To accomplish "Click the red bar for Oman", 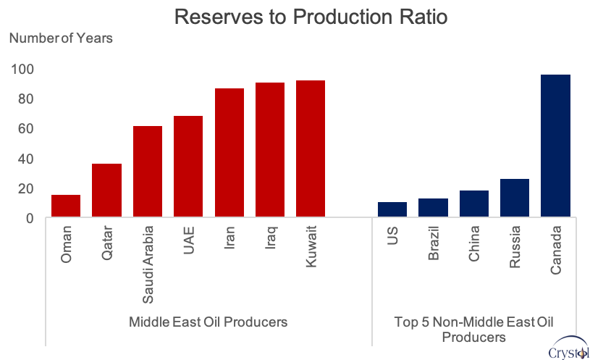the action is [66, 206].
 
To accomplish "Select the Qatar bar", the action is [107, 191].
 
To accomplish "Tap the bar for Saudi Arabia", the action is [148, 172].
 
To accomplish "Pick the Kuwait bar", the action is [311, 148].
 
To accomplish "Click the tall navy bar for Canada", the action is [555, 146].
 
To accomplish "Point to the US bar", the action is [392, 209].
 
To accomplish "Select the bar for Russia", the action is [515, 198].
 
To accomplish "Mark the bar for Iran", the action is [229, 153].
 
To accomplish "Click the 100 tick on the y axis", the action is [22, 70].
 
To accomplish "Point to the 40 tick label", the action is [25, 159].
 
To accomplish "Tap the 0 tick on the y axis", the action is [30, 219].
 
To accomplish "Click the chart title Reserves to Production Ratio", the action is [311, 17].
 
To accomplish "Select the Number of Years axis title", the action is [61, 38].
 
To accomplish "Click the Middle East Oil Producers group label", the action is [208, 322].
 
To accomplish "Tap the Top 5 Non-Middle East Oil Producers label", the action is [473, 330].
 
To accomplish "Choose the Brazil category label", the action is [434, 243].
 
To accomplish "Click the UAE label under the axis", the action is [188, 240].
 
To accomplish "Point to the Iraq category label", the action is [271, 238].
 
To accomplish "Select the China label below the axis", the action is [473, 243].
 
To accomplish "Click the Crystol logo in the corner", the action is [568, 348].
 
